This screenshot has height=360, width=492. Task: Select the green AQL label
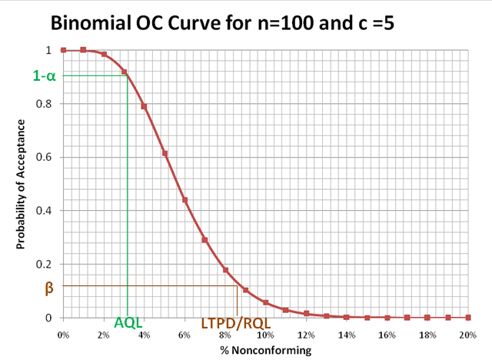click(x=128, y=325)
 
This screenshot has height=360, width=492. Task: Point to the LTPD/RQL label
click(x=236, y=325)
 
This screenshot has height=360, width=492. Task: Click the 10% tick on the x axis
click(x=265, y=335)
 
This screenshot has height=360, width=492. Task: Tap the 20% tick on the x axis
click(x=467, y=335)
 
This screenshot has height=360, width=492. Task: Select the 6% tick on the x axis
click(x=184, y=335)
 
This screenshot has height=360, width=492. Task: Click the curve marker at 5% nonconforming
click(x=165, y=154)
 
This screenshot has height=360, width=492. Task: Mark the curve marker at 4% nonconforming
click(x=144, y=106)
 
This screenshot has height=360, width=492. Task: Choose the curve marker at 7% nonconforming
click(x=204, y=240)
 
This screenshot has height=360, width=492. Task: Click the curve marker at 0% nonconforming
click(x=63, y=50)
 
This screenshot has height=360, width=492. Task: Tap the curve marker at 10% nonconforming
click(x=266, y=302)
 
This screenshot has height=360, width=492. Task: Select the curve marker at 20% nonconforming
click(x=467, y=318)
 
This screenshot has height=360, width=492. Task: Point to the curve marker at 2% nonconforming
click(x=104, y=54)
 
